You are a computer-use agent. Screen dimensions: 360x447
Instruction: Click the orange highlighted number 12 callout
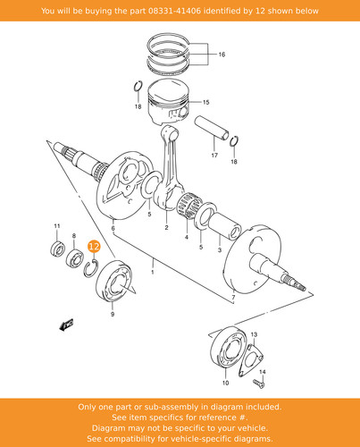94,246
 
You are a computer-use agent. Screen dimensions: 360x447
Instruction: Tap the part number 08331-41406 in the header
174,11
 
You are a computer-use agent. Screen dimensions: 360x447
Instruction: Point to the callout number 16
222,55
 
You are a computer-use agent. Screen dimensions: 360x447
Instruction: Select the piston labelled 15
169,102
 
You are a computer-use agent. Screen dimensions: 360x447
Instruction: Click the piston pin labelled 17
212,128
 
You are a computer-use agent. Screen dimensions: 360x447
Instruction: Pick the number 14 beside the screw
263,372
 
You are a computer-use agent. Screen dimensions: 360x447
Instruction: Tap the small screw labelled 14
259,383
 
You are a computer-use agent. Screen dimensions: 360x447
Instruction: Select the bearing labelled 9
114,281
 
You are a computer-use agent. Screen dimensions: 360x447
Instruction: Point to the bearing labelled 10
228,348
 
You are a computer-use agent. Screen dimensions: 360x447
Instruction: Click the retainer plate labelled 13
250,360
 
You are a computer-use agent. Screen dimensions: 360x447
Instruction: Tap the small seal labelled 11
57,249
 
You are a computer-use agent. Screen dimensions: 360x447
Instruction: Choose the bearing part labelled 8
74,258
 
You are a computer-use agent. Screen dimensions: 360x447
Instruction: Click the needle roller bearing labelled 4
189,207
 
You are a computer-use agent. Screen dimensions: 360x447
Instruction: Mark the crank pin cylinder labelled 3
224,227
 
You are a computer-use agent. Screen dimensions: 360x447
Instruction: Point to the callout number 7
233,297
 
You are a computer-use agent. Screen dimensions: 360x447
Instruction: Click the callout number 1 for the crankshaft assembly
153,272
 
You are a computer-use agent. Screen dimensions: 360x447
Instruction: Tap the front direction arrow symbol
66,325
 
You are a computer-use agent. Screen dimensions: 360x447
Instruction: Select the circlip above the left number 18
138,87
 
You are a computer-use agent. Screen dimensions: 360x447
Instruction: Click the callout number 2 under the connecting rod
166,227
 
